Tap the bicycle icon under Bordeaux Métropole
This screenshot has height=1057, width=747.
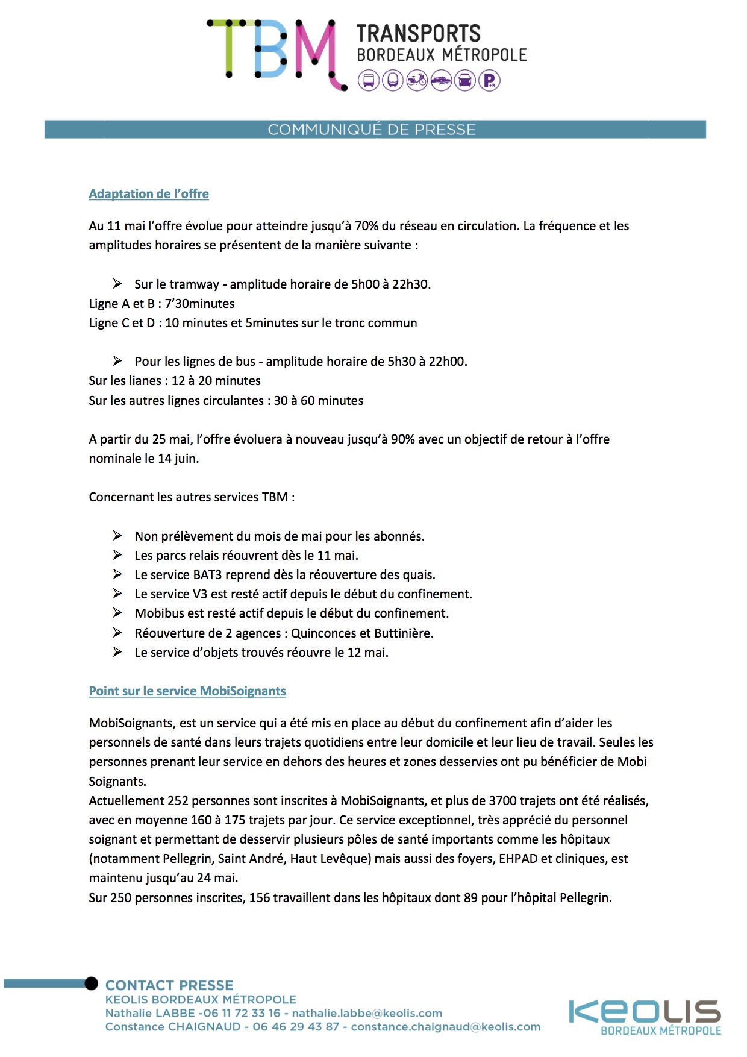pos(417,80)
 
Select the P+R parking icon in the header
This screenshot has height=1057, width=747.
pos(489,80)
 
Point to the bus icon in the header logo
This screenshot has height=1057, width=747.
pos(369,80)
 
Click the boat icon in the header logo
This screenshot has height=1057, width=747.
pos(441,80)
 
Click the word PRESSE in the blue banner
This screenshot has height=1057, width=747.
pos(445,130)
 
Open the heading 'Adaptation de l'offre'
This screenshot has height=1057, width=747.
pos(149,194)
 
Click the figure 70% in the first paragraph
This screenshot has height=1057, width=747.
pos(366,226)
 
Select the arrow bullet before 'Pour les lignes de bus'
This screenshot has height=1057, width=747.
pos(117,361)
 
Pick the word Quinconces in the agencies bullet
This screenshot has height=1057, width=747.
pos(322,633)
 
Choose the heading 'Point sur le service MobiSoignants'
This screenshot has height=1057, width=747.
pos(187,691)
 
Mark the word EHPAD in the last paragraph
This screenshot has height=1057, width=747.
pos(517,859)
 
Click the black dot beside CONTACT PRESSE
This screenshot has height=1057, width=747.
pos(91,983)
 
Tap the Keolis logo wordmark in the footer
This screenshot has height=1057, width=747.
pos(645,1012)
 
